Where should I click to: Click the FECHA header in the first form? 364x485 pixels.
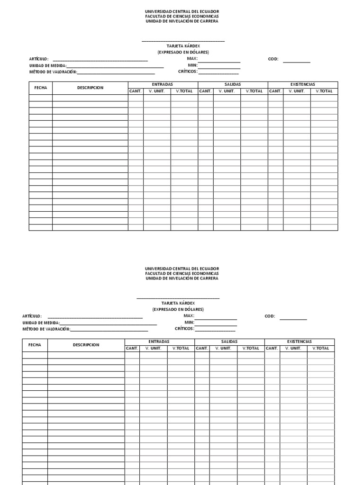coord(41,88)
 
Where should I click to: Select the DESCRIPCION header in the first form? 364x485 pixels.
coord(90,88)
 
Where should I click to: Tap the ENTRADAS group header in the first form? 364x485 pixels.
coord(163,84)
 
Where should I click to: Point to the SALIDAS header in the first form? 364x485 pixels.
coord(233,84)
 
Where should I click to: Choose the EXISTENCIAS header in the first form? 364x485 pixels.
coord(302,84)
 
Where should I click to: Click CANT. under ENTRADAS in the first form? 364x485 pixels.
coord(136,91)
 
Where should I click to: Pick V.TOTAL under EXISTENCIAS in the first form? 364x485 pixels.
coord(324,91)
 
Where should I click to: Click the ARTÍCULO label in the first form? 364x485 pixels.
coord(39,59)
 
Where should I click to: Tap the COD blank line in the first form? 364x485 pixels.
coord(297,62)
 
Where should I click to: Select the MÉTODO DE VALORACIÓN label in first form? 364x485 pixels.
coord(53,72)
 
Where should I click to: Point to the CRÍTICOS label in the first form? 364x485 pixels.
coord(188,72)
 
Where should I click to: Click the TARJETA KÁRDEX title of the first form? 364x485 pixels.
coord(183,46)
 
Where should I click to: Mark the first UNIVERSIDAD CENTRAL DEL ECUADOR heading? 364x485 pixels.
coord(182,11)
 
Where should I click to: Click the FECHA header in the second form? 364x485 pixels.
coord(35,345)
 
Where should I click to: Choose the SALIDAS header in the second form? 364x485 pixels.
coord(229,341)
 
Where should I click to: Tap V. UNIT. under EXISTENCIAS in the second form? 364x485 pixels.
coord(293,348)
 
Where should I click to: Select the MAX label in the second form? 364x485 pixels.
coord(189,315)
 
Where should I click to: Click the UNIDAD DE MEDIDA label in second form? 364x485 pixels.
coord(41,323)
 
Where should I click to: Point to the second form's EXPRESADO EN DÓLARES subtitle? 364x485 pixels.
coord(178,309)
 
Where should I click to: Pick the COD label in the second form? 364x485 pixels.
coord(270,316)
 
